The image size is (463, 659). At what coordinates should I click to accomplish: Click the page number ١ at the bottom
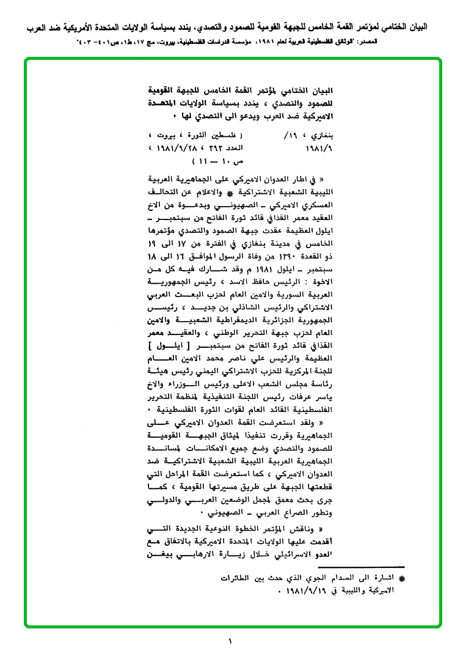231,641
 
